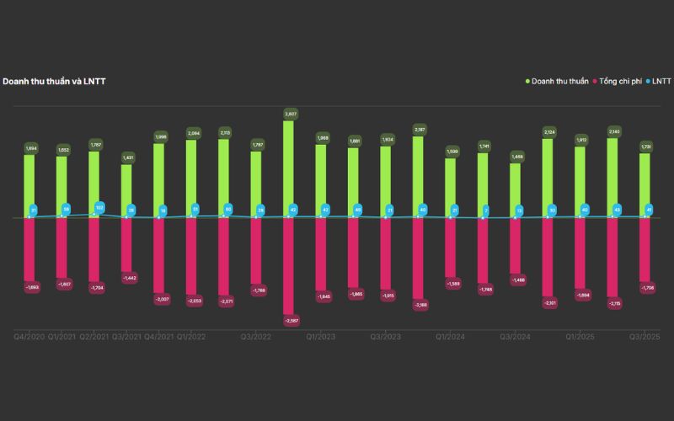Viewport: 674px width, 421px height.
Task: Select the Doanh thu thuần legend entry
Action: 557,81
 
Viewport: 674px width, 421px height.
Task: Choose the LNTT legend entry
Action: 660,81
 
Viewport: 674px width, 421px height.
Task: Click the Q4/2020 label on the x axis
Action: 29,337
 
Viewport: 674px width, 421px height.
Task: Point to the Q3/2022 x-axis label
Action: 256,337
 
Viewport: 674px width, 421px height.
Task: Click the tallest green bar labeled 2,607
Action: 289,168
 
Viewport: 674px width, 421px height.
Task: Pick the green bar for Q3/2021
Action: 126,189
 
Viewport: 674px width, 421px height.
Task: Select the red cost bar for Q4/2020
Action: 29,248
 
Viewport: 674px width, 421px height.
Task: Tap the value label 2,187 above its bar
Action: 419,129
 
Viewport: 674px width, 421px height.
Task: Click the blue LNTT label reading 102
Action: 99,207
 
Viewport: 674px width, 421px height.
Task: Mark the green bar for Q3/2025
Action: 645,185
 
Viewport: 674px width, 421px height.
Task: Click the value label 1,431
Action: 127,157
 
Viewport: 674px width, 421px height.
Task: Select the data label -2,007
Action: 159,299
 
